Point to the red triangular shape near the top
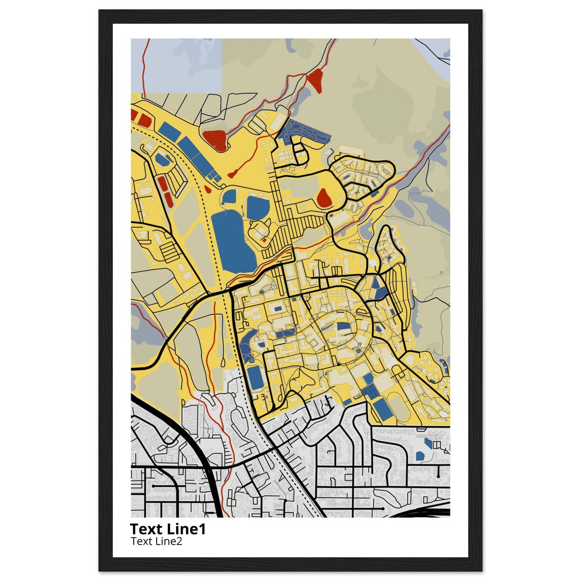click(314, 80)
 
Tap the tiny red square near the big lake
click(264, 240)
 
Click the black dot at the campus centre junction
click(339, 364)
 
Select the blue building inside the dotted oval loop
click(342, 327)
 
